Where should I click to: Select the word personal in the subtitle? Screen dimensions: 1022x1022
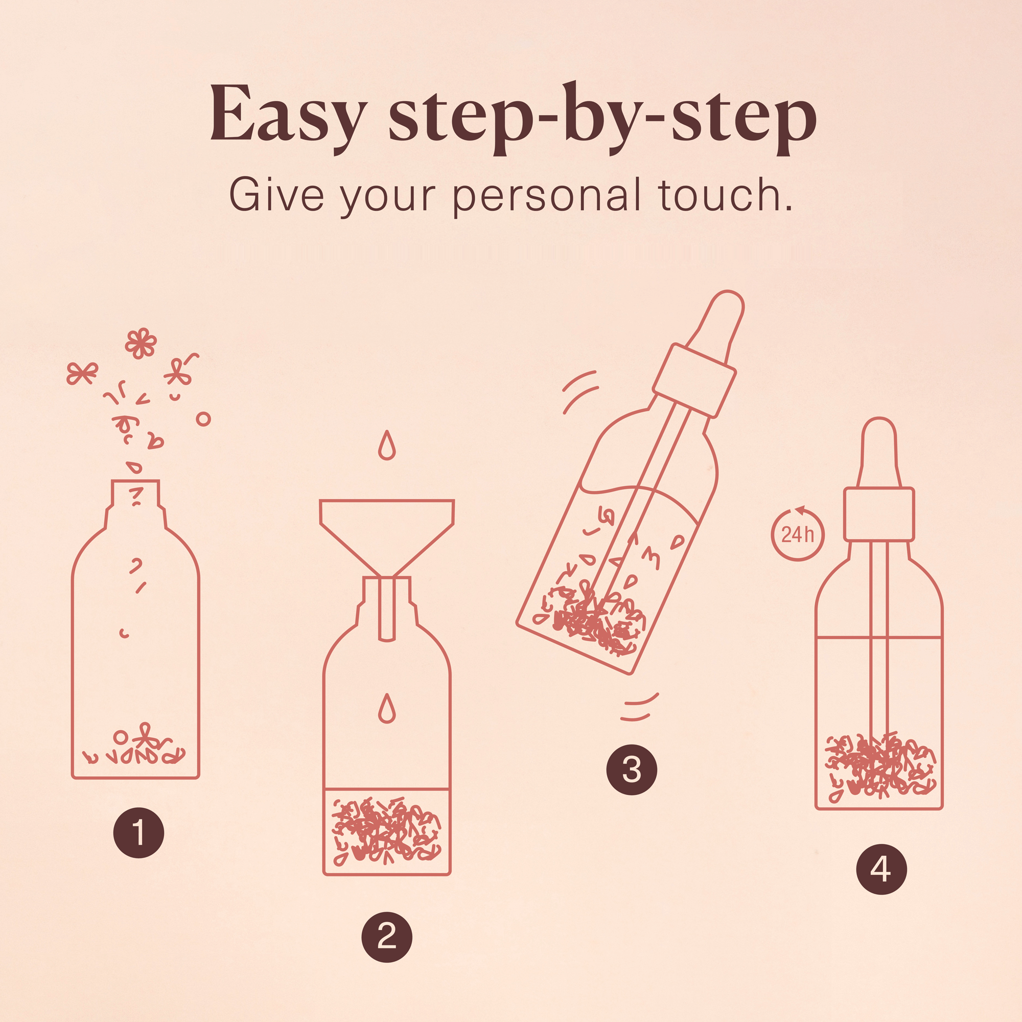[547, 197]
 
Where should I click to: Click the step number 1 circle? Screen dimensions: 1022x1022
[138, 832]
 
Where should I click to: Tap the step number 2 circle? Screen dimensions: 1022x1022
[387, 937]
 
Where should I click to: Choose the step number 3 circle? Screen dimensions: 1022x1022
[632, 770]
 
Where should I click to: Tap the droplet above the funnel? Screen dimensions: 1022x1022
[387, 445]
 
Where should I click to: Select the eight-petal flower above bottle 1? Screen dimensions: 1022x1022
[141, 343]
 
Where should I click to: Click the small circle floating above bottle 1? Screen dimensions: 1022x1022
[203, 420]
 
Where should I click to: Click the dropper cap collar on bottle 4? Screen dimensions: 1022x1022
[878, 514]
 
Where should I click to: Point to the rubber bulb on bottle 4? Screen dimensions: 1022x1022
[878, 453]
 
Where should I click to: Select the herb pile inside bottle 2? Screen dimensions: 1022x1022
[387, 830]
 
